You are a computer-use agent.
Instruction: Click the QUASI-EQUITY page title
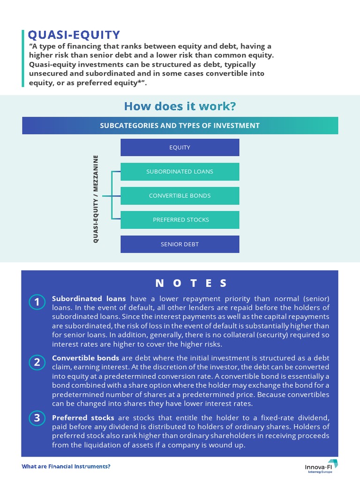[x=74, y=35]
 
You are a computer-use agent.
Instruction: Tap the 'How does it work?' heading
[x=180, y=106]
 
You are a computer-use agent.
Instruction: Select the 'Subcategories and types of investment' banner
[x=180, y=126]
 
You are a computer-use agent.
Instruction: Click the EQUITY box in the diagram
[x=180, y=148]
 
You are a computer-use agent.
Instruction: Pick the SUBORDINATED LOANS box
[x=180, y=172]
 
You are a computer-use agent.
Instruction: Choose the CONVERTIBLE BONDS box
[x=180, y=196]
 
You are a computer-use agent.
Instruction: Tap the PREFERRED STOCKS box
[x=180, y=220]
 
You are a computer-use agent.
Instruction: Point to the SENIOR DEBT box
[x=180, y=244]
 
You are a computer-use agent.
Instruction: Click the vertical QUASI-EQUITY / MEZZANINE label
[x=96, y=199]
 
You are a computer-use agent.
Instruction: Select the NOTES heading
[x=191, y=283]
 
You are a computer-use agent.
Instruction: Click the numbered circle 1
[x=37, y=302]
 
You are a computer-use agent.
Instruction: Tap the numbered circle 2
[x=37, y=362]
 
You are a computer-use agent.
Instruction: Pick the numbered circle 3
[x=37, y=418]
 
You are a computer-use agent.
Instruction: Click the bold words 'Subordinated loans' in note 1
[x=89, y=299]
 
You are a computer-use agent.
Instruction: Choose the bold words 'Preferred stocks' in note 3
[x=83, y=418]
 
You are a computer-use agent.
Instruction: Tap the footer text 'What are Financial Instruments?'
[x=66, y=467]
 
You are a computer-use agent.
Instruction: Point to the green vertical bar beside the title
[x=22, y=58]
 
